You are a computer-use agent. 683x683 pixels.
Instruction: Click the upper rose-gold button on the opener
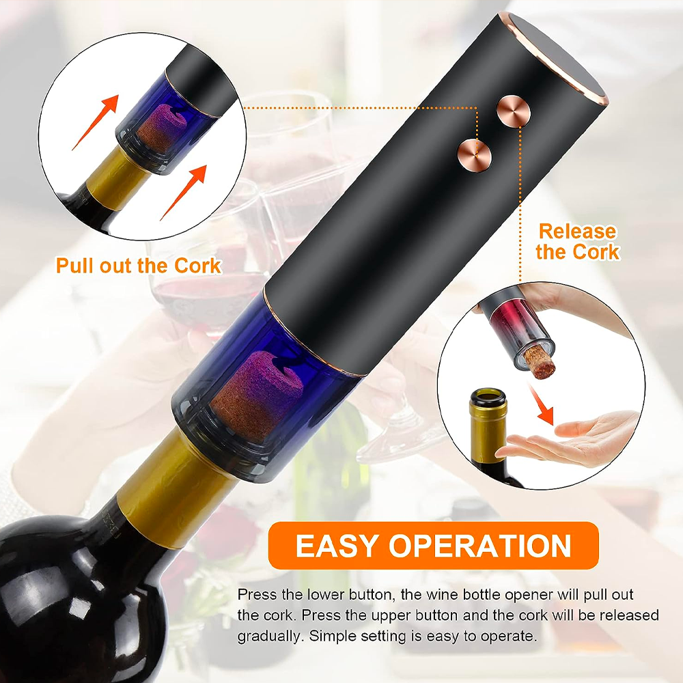tap(514, 111)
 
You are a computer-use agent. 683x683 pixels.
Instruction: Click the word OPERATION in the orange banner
tap(480, 545)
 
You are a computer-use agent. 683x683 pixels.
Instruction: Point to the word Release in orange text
tap(578, 232)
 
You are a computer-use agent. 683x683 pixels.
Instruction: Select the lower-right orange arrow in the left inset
tap(184, 192)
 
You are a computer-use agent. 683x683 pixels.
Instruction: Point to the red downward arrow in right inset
tap(542, 404)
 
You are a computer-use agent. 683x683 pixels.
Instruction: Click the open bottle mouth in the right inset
tap(488, 397)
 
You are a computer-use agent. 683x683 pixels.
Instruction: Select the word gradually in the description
tap(269, 637)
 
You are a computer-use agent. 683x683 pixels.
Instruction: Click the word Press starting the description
tap(257, 595)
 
